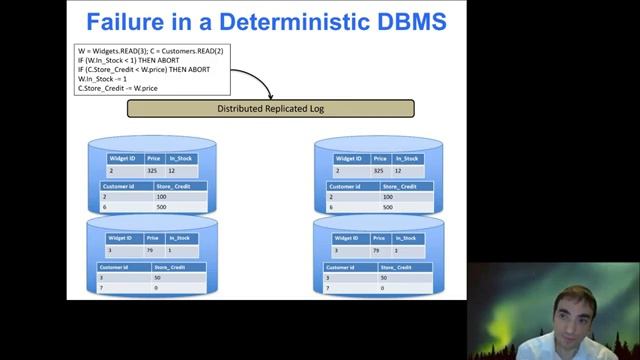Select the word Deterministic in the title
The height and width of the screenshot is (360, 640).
[x=271, y=21]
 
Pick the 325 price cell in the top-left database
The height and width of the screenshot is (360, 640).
[x=152, y=171]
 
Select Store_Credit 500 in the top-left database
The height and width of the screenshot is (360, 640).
[x=161, y=207]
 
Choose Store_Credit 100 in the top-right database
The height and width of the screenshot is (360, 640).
[x=388, y=197]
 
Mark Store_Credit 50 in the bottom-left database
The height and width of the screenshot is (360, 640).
[x=158, y=277]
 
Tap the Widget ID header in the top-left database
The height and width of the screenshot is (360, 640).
[x=123, y=158]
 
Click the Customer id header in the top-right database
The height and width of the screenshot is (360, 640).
[x=346, y=186]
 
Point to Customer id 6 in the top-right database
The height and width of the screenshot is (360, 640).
[x=332, y=207]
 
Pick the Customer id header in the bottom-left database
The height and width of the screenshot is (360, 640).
[x=117, y=267]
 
